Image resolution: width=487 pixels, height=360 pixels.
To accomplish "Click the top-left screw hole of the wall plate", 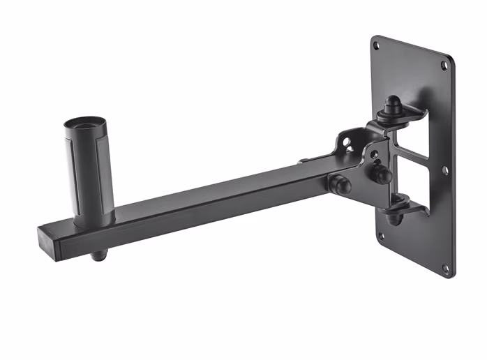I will (x=377, y=46).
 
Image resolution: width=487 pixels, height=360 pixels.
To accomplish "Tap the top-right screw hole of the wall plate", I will (x=444, y=66).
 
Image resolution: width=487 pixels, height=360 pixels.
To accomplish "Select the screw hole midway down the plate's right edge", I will (x=444, y=170).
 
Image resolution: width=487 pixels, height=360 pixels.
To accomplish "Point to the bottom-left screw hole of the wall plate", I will (x=381, y=237).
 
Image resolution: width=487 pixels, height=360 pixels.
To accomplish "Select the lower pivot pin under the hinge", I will (x=394, y=217).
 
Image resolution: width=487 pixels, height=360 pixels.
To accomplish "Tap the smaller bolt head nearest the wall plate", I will (x=382, y=174).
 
